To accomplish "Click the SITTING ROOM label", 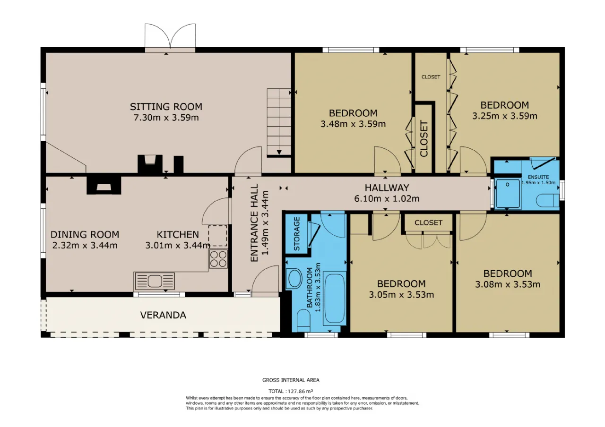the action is click(x=166, y=107).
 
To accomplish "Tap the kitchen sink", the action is click(x=154, y=281).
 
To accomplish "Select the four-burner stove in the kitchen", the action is click(x=218, y=259).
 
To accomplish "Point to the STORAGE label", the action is click(x=296, y=234).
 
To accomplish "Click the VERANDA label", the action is click(x=163, y=315).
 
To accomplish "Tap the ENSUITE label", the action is click(x=538, y=177).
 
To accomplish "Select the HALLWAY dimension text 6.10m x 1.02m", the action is click(x=387, y=199).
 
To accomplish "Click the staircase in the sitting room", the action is click(x=279, y=122).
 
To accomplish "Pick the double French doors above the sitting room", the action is click(x=170, y=37).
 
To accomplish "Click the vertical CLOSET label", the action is click(x=424, y=139).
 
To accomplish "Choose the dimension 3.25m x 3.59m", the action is click(x=504, y=116).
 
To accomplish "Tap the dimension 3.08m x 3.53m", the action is click(x=508, y=284).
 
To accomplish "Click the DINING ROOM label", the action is click(x=85, y=234).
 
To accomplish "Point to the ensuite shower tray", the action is click(x=508, y=193).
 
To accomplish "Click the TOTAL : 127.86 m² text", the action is click(x=291, y=391).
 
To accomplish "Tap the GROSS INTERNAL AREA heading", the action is click(x=291, y=380).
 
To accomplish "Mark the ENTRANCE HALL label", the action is click(x=254, y=222).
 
